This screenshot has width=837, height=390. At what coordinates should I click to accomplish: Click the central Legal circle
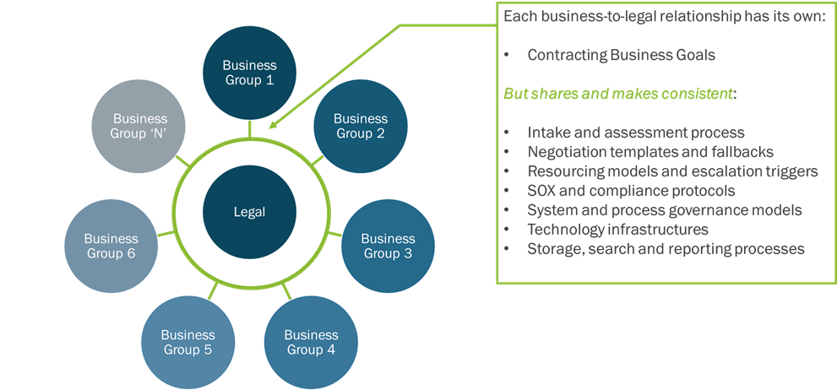click(x=249, y=212)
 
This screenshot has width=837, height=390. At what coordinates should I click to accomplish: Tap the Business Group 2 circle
click(x=361, y=126)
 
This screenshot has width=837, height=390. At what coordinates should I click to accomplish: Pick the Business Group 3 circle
click(x=388, y=245)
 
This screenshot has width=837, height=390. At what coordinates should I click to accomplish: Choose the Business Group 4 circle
click(x=310, y=342)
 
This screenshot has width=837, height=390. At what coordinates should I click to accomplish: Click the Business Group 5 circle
click(x=188, y=342)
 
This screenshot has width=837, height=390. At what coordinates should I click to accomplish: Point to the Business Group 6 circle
click(x=111, y=245)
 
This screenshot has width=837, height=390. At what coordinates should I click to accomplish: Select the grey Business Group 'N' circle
click(x=140, y=126)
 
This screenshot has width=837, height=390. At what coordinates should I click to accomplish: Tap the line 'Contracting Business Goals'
click(x=621, y=55)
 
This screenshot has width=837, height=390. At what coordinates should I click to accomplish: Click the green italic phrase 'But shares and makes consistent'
click(x=617, y=94)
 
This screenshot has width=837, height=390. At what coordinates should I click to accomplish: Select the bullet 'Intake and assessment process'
click(x=635, y=133)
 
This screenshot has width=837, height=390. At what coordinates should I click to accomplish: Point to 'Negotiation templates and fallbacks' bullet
click(x=650, y=152)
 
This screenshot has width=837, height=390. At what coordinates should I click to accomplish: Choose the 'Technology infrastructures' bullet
click(x=617, y=230)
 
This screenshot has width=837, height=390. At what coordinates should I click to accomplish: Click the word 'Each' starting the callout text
click(x=518, y=17)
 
